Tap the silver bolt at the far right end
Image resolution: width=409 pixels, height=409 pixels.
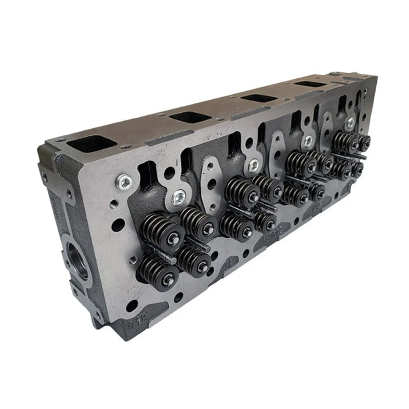[350, 123]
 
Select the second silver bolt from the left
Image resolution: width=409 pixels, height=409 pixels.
[179, 197]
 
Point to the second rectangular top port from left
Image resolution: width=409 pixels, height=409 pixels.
[190, 117]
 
